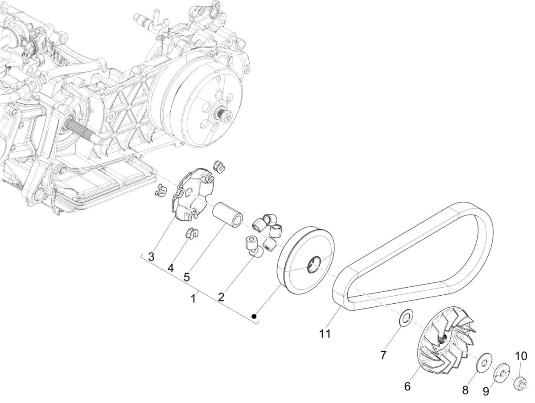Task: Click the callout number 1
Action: point(193,298)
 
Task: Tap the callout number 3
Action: point(152,257)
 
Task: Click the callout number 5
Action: point(186,277)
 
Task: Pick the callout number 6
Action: point(407,386)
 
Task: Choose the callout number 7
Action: point(383,354)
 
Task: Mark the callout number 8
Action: point(465,390)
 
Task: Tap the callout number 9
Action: point(486,391)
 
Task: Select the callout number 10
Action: point(522,356)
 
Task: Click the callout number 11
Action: point(325,333)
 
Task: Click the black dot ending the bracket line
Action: point(254,316)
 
